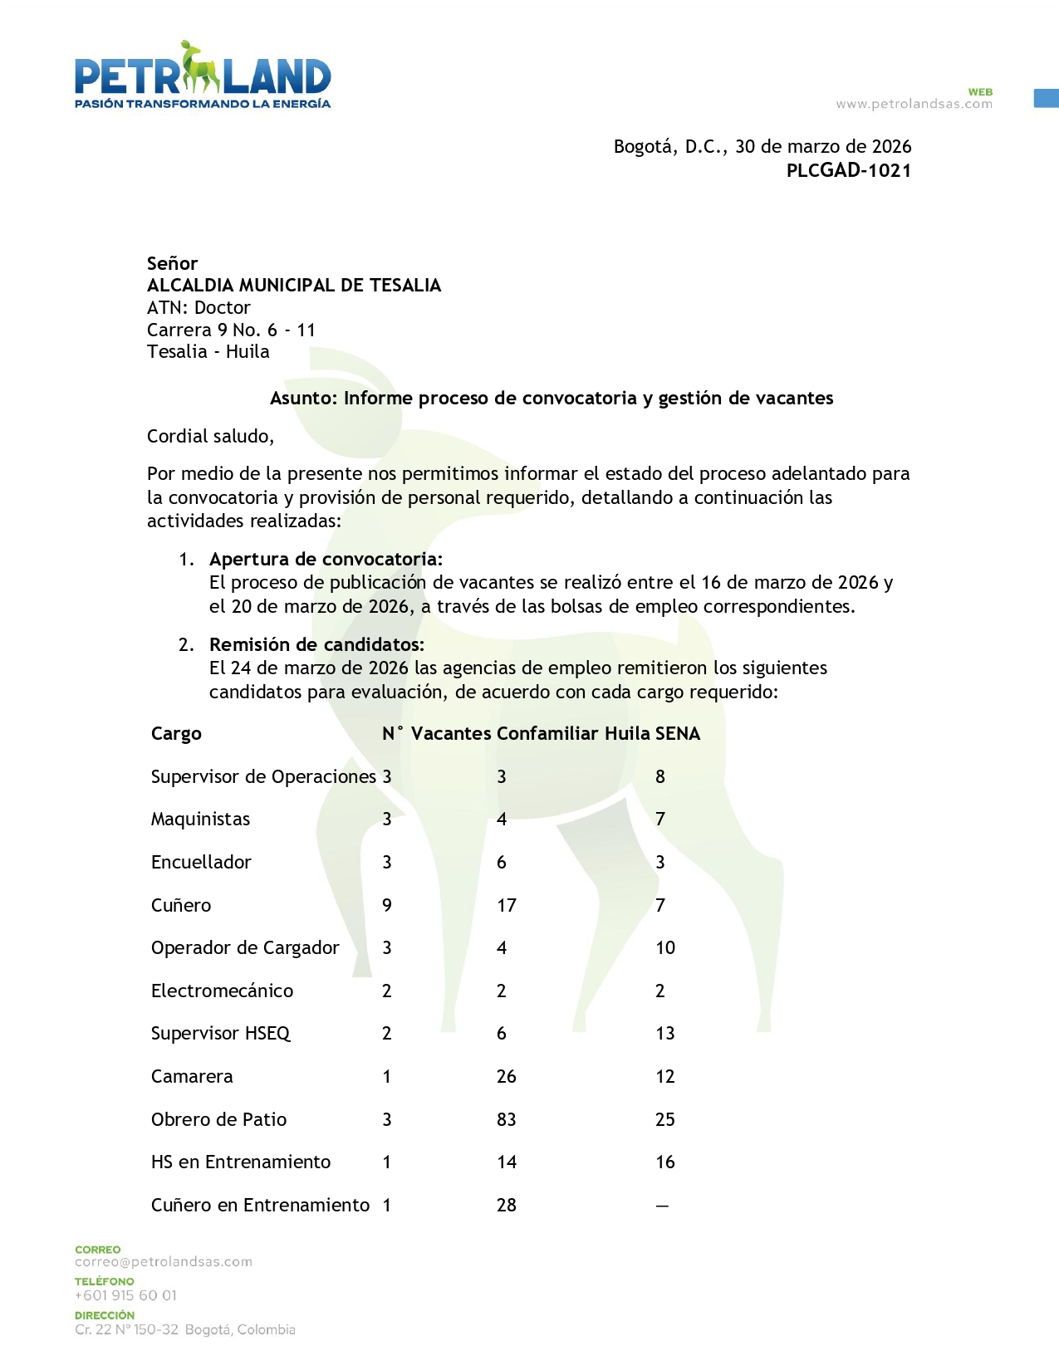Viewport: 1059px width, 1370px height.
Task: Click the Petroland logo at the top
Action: (x=203, y=75)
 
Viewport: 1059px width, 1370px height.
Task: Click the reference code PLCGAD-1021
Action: (x=848, y=171)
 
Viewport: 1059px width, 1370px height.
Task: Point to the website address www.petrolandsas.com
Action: (x=914, y=104)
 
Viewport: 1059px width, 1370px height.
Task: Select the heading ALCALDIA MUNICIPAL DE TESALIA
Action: (x=294, y=286)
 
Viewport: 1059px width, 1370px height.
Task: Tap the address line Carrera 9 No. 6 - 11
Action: (x=232, y=330)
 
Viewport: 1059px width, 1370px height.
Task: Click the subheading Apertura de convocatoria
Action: (x=326, y=559)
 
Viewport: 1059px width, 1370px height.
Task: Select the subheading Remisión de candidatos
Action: (x=316, y=644)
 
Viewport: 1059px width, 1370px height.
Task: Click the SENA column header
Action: (x=678, y=734)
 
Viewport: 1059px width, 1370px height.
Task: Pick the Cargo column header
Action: (x=176, y=734)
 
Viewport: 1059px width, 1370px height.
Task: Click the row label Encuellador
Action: (x=201, y=862)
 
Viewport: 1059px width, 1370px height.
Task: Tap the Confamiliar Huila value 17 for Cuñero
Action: (x=507, y=905)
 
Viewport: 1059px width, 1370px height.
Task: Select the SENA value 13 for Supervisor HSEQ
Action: (x=665, y=1034)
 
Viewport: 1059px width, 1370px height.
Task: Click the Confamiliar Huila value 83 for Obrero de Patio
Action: (x=507, y=1119)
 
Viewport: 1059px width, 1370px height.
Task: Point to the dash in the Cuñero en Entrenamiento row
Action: (x=662, y=1206)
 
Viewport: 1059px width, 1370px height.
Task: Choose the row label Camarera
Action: (x=192, y=1077)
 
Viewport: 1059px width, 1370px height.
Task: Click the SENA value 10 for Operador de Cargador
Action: (x=665, y=948)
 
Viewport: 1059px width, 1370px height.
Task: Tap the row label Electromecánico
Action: (x=222, y=991)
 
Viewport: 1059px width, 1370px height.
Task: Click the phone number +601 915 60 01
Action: (x=125, y=1295)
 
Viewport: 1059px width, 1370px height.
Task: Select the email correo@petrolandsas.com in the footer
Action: (x=164, y=1262)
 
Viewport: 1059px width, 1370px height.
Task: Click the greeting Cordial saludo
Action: (x=210, y=437)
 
